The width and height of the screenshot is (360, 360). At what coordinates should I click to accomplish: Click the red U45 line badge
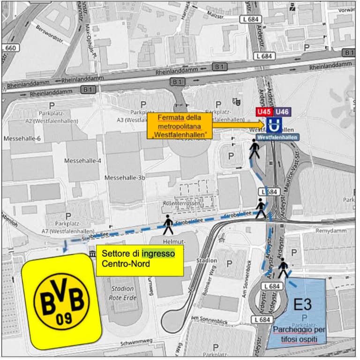point(264,112)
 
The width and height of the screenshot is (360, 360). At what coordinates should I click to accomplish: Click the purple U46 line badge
point(282,112)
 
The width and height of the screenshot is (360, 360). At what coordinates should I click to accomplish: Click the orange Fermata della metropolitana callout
point(180,126)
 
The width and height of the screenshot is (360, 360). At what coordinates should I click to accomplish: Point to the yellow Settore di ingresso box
point(139,259)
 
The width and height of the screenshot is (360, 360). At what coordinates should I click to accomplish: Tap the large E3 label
point(302,305)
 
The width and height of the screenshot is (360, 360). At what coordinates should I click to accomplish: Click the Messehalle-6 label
point(22,139)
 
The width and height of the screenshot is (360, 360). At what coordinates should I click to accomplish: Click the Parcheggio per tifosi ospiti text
point(300,334)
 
